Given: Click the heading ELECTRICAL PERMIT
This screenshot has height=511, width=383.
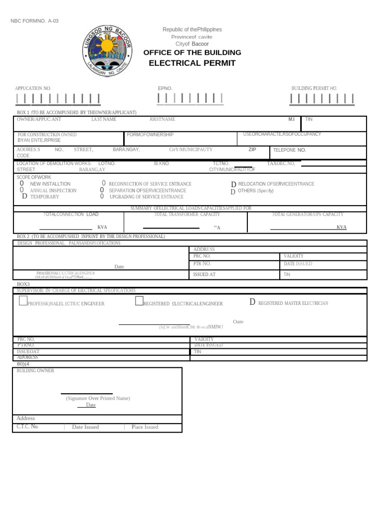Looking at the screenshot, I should tap(192, 63).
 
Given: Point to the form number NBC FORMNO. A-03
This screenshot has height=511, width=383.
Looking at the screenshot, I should tap(35, 21).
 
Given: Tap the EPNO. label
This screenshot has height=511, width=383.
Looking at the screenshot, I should tap(165, 88).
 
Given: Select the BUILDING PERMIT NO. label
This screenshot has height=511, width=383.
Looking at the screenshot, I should tap(314, 88).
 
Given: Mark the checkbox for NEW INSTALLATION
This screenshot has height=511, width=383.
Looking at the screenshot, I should tap(22, 184).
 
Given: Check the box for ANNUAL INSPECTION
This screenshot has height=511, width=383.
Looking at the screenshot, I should tap(22, 190).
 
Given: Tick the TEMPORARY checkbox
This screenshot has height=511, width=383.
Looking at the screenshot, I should tap(24, 197).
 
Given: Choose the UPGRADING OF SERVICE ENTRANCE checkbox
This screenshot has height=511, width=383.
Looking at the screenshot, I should tap(102, 197).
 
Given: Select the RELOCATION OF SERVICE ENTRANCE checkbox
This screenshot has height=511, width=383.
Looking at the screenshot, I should tap(233, 184).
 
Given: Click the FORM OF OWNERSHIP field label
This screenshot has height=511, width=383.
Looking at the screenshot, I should tap(150, 135).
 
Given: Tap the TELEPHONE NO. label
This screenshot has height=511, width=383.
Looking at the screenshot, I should tap(289, 150).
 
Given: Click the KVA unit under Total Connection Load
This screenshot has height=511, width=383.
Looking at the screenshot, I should tap(102, 227).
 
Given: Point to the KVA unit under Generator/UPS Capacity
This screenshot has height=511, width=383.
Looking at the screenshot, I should tap(341, 227).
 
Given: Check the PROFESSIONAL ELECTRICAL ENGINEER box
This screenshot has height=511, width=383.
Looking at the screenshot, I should tap(23, 301).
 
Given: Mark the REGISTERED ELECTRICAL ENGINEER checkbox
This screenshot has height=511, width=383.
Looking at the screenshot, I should tap(139, 301).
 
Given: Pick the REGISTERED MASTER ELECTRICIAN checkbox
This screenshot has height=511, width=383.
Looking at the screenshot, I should tap(252, 302).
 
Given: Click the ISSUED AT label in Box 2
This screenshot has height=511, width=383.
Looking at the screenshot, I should tap(204, 274).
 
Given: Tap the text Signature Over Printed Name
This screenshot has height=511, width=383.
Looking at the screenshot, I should tap(98, 398).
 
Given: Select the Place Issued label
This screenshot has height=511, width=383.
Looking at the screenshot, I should tap(145, 427).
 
